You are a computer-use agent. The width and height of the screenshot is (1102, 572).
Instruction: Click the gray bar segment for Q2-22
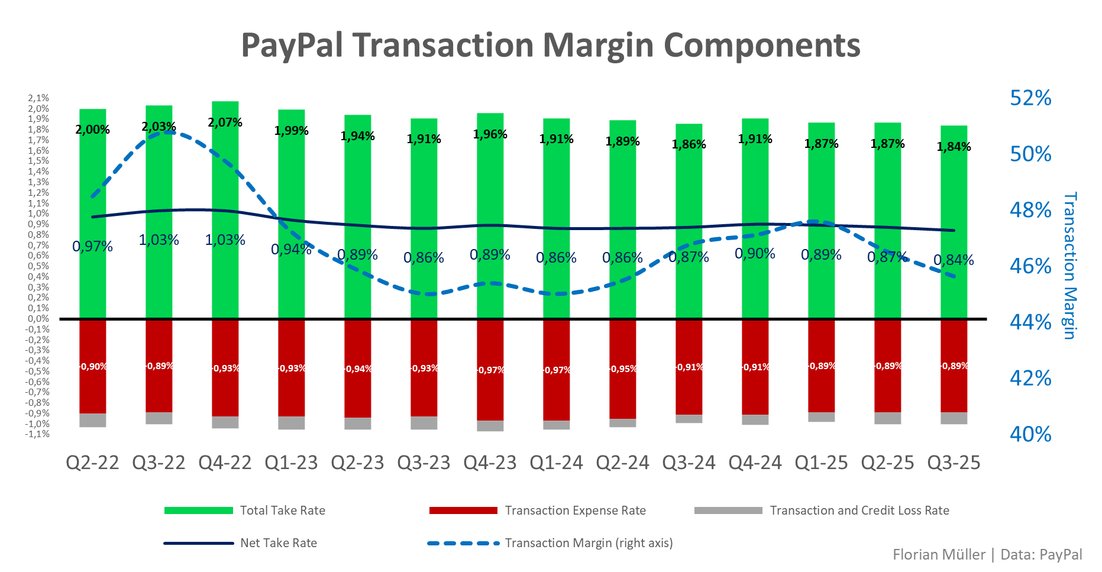(93, 420)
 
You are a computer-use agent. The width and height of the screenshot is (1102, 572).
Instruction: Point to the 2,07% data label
(225, 122)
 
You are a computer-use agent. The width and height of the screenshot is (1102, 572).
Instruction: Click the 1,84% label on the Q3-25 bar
(954, 147)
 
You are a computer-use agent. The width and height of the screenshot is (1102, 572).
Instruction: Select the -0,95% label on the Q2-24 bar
(623, 369)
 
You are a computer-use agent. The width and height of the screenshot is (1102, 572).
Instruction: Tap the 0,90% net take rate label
(755, 253)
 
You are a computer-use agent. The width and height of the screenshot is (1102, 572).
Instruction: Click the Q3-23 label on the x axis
(424, 463)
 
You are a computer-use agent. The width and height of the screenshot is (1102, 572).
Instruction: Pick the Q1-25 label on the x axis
(821, 463)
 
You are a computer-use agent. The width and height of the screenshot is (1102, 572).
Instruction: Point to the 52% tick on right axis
(1030, 98)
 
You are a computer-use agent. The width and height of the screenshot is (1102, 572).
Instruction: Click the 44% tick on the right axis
(1030, 322)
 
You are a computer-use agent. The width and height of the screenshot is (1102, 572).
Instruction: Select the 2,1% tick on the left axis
(38, 98)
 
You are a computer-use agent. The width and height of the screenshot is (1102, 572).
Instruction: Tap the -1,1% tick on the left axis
(37, 434)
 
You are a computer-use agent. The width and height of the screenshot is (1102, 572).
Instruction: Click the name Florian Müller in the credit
(939, 554)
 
